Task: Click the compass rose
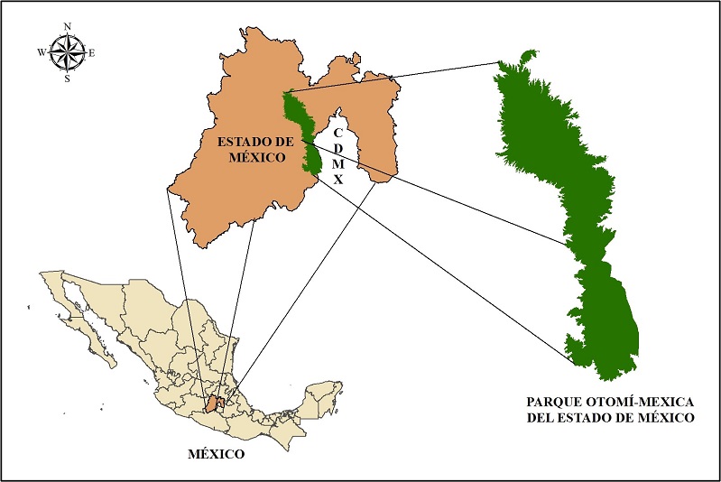click(67, 52)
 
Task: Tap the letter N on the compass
click(67, 27)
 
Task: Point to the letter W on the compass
click(42, 52)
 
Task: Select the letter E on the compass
click(92, 52)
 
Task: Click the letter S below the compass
click(67, 79)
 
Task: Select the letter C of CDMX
click(337, 134)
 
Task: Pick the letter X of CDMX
click(338, 181)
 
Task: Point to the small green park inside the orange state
click(305, 131)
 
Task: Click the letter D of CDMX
click(338, 149)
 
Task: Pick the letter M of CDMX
click(338, 164)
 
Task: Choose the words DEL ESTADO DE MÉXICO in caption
click(611, 418)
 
